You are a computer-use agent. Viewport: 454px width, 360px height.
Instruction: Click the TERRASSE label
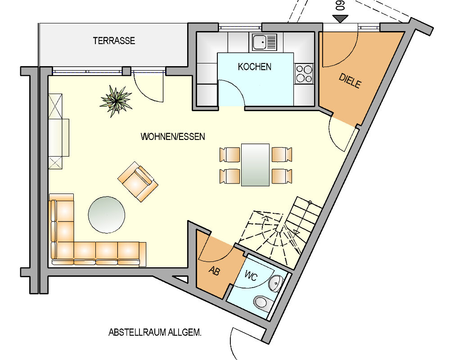(x=114, y=40)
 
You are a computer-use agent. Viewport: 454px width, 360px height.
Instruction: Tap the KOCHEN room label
(x=255, y=67)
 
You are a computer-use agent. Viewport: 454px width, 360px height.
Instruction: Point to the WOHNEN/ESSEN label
(x=173, y=136)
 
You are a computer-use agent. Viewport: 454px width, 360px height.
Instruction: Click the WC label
(x=251, y=276)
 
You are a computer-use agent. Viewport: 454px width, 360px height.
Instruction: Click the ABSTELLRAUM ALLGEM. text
(x=155, y=333)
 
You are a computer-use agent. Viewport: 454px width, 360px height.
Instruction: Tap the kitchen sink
(x=264, y=42)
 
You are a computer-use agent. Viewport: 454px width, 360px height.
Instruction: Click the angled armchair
(x=138, y=181)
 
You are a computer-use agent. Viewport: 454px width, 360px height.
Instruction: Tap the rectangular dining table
(x=255, y=165)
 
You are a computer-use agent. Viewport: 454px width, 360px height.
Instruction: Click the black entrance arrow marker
(x=341, y=18)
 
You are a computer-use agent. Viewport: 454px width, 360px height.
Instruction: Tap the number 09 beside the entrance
(x=340, y=6)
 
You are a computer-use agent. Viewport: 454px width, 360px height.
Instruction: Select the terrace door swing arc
(x=148, y=88)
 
